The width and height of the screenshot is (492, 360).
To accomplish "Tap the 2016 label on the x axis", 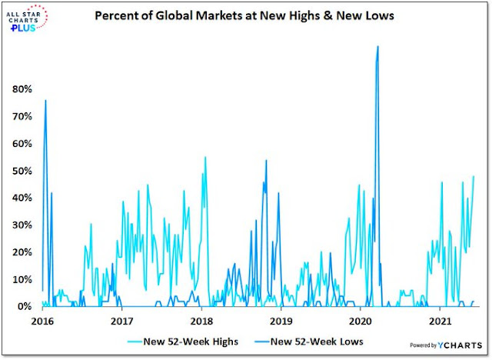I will pos(42,321).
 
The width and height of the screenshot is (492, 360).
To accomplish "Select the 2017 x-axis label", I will pos(121,321).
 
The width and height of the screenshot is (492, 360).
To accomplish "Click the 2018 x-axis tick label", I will pos(201,321).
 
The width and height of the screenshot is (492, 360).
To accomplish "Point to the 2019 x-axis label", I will pos(281,321).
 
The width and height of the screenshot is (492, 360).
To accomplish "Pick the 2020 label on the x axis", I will pos(361,321).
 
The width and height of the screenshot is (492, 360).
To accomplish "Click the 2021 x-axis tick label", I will pos(440,321).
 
